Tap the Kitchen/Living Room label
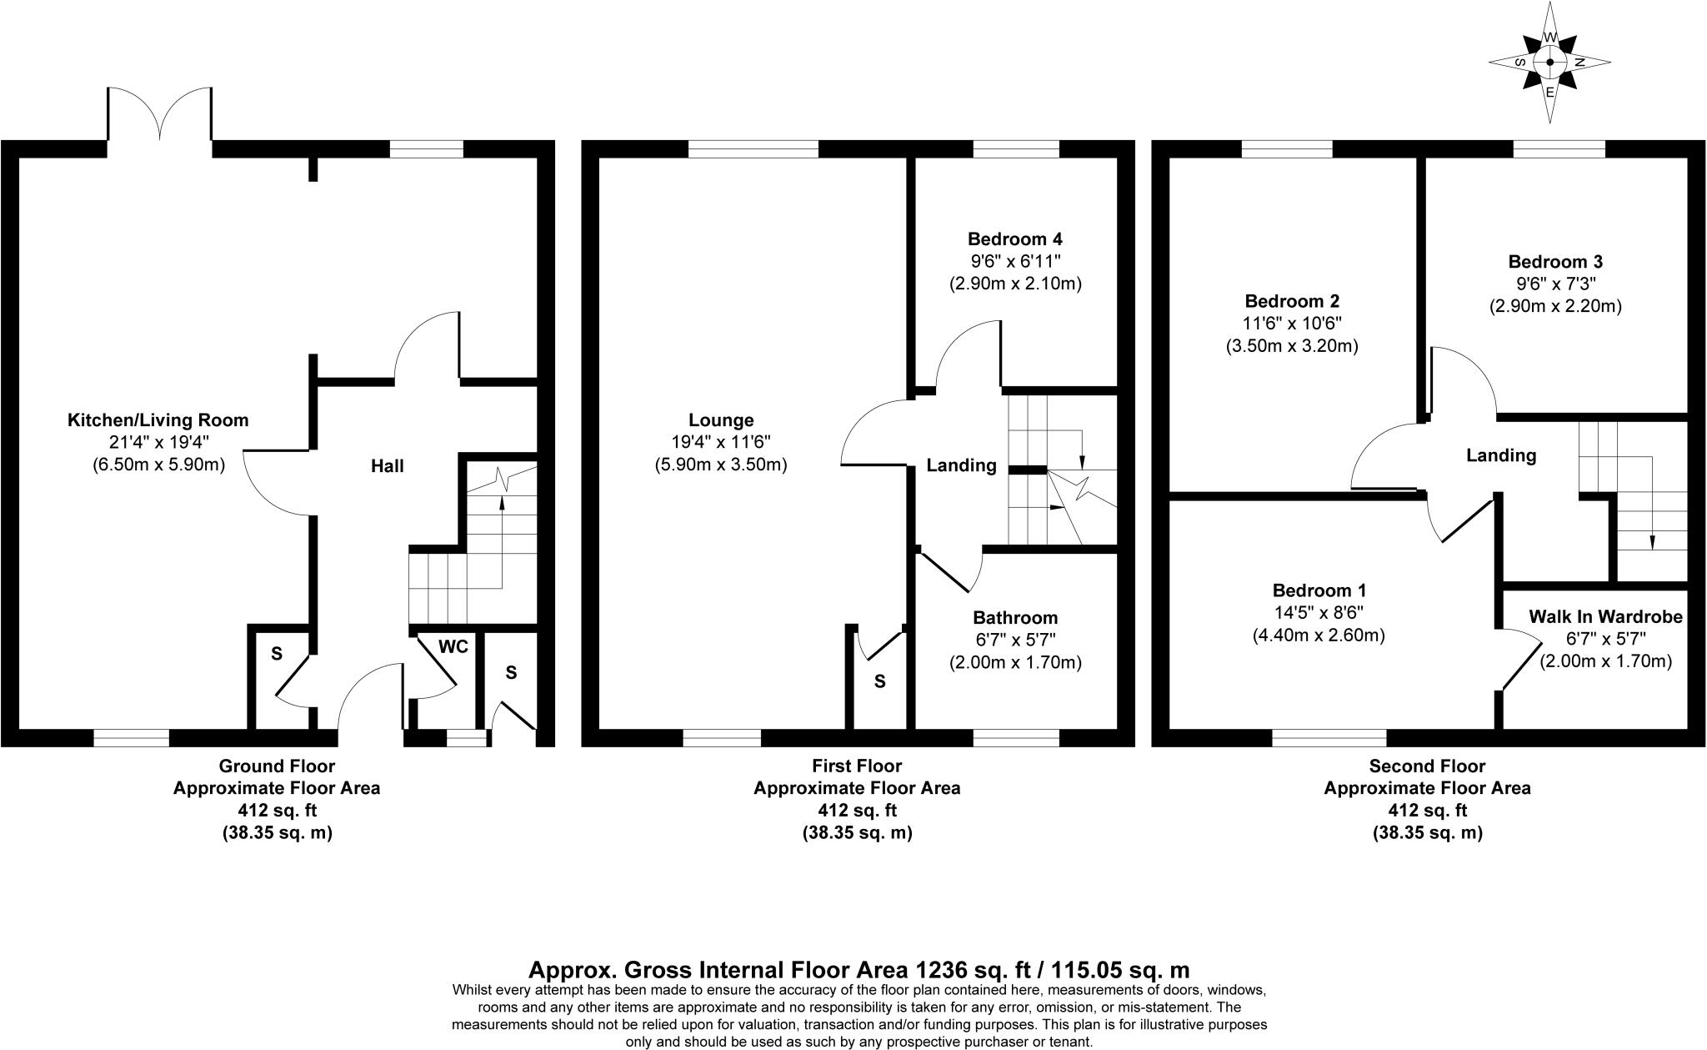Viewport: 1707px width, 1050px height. click(x=158, y=420)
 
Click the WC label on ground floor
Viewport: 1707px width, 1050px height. click(x=453, y=646)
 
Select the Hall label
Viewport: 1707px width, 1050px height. click(x=387, y=466)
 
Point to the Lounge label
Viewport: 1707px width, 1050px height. click(x=721, y=420)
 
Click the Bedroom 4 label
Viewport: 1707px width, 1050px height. click(x=1014, y=239)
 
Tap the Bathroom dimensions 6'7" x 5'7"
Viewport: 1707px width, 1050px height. click(x=1014, y=641)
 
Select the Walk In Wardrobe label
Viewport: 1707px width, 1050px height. click(x=1605, y=617)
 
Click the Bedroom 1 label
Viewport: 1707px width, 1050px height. click(x=1319, y=590)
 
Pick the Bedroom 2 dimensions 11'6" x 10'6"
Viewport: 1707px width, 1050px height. click(x=1292, y=324)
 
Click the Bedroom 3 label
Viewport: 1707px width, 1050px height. click(x=1555, y=262)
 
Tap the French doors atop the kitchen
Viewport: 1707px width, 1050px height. click(x=159, y=117)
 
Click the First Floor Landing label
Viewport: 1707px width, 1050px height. click(x=961, y=465)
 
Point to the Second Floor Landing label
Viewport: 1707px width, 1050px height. click(x=1500, y=455)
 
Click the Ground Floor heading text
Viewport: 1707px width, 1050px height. click(x=277, y=766)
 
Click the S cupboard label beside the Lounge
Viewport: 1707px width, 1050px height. click(x=879, y=681)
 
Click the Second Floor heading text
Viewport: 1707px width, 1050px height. click(x=1427, y=766)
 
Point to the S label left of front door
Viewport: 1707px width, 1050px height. click(x=277, y=655)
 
